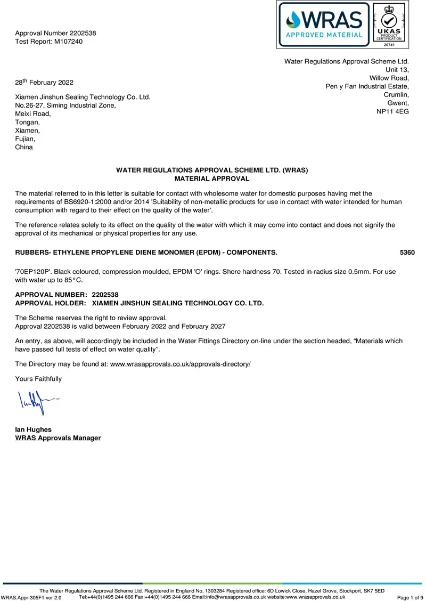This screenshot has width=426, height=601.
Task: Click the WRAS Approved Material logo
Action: [324, 24]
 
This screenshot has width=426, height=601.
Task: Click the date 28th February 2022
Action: [44, 83]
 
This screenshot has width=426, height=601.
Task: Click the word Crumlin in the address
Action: [396, 95]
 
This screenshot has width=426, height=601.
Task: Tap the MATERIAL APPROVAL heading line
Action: [212, 179]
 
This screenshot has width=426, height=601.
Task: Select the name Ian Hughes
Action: [34, 429]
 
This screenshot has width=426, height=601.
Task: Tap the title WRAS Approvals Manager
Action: [58, 438]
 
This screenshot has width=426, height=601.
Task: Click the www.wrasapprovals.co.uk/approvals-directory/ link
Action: [180, 364]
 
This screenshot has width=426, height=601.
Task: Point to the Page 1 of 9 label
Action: [410, 598]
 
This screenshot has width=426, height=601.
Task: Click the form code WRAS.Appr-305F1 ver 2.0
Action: [31, 598]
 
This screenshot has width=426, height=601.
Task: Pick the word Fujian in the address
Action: [25, 139]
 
